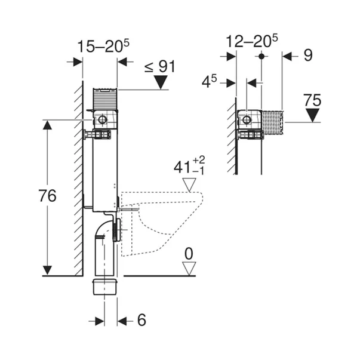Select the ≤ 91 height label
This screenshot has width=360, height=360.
[x=159, y=66]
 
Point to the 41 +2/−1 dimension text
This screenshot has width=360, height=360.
[x=189, y=166]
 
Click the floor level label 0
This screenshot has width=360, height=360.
[x=189, y=254]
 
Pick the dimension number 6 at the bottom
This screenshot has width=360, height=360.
[x=141, y=321]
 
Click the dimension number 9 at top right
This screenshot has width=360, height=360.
[x=307, y=56]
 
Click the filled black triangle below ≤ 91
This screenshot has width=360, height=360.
[x=159, y=82]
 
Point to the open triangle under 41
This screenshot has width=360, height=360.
[x=189, y=184]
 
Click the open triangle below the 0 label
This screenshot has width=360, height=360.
[x=189, y=269]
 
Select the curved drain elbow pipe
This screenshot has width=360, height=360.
[x=106, y=230]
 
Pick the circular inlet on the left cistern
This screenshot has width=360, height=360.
[x=103, y=120]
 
